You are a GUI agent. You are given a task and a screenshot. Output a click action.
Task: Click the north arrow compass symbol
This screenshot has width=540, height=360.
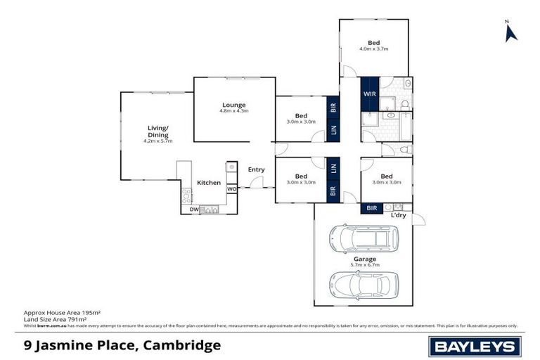click(511, 32)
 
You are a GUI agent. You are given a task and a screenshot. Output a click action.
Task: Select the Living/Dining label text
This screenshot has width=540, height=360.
click(157, 131)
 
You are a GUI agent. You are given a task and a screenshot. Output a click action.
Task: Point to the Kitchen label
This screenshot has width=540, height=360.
click(208, 183)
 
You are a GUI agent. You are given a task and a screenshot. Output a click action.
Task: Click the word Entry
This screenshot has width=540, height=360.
click(256, 169)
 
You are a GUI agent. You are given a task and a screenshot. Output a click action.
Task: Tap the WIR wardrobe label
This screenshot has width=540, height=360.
click(369, 94)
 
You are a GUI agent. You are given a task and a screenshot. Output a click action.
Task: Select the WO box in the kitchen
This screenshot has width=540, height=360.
click(231, 189)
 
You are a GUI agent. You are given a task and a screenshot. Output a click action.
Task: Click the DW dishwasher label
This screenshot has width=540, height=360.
click(193, 209)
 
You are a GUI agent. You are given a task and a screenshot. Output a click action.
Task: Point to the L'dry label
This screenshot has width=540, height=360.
click(399, 215)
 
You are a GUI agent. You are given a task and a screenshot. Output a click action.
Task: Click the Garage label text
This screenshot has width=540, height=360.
click(364, 259)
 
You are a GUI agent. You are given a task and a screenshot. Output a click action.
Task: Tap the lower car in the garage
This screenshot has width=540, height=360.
click(364, 286)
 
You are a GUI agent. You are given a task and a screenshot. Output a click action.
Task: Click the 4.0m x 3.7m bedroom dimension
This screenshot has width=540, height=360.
click(374, 49)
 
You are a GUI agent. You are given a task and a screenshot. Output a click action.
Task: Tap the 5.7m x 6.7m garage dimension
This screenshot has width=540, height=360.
click(364, 265)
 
